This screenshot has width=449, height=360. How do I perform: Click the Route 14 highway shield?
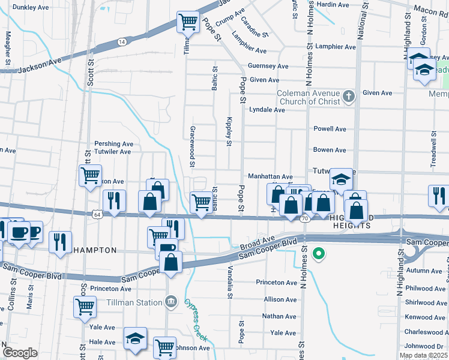tap(122, 41)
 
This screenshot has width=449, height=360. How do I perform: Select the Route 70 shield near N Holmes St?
tap(305, 219)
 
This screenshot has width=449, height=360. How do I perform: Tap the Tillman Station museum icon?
tap(172, 301)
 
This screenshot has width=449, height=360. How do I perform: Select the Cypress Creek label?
tap(196, 318)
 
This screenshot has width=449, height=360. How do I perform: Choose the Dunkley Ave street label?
tap(29, 7)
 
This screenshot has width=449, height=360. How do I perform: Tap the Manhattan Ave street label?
tap(270, 177)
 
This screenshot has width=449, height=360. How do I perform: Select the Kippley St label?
tap(229, 131)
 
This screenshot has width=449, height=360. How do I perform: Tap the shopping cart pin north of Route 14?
tap(188, 22)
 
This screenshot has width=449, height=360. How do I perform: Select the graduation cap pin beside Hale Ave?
tap(136, 339)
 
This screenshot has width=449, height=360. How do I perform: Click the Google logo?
tap(20, 353)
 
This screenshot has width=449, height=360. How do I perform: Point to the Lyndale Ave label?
tap(267, 110)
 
